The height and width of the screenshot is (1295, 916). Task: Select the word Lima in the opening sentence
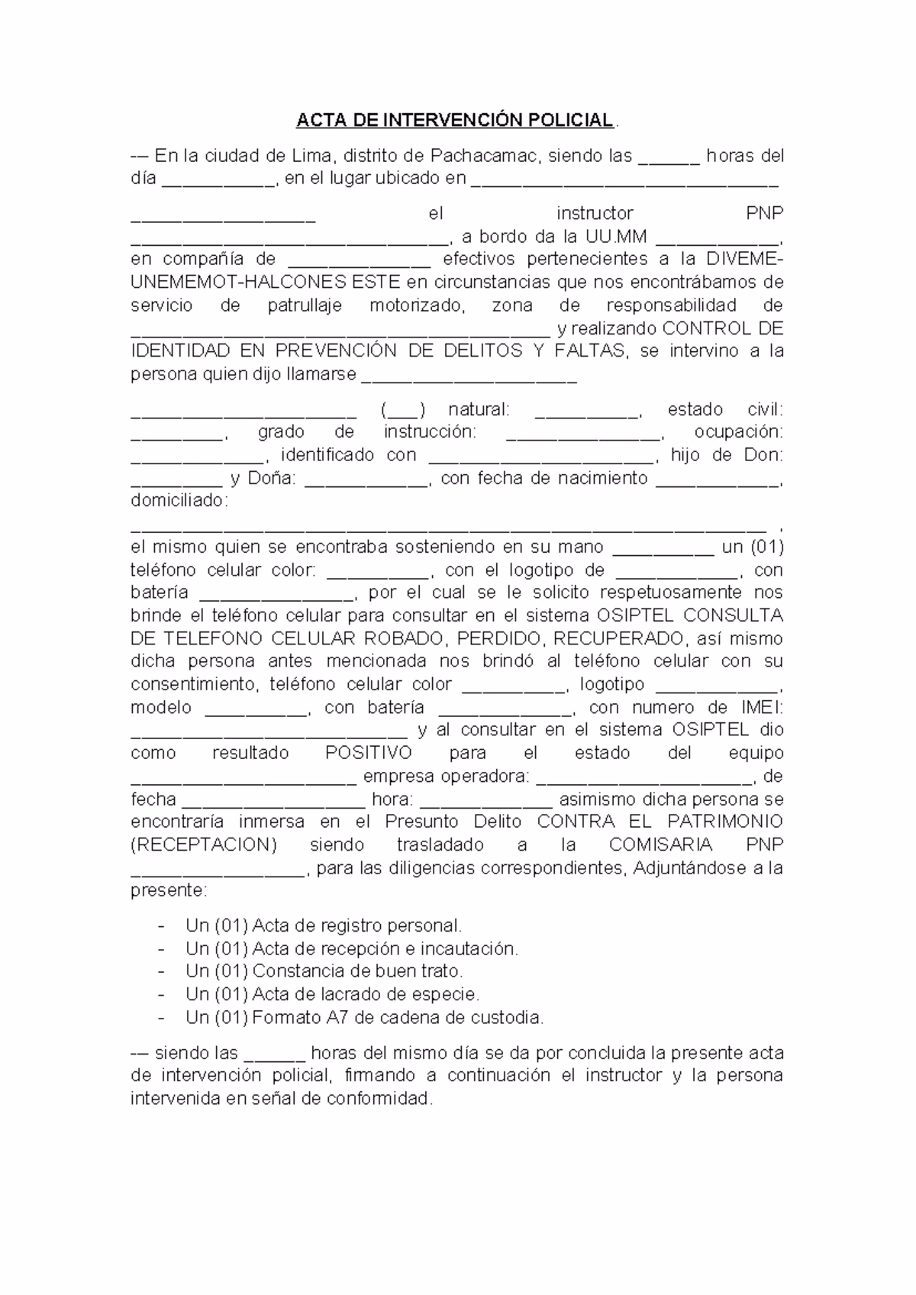coord(312,157)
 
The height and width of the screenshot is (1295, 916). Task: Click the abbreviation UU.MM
coord(616,236)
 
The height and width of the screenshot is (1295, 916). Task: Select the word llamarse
coord(321,374)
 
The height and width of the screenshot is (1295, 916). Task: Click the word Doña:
coord(270,479)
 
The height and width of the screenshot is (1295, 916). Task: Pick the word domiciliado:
coord(179,502)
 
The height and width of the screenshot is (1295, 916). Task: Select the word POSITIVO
coord(369,753)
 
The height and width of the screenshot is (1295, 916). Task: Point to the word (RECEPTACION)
coord(204,844)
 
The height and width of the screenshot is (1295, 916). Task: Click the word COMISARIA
coord(661,844)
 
